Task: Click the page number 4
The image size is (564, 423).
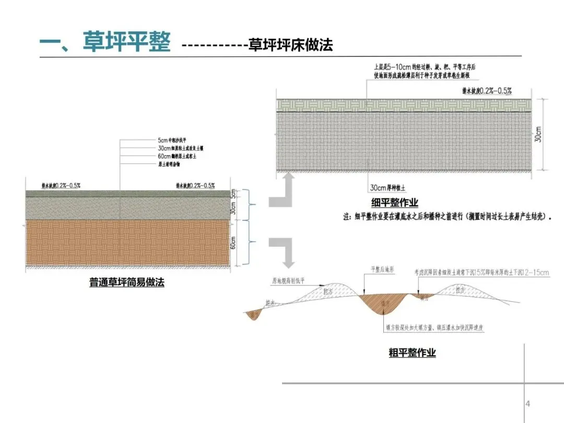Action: coord(527,404)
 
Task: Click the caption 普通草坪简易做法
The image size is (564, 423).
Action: coord(126,283)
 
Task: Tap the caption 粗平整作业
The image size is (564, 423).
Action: coord(412,352)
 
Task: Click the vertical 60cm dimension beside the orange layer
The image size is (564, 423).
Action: coord(233,243)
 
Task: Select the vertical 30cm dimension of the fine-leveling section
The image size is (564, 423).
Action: coord(538,134)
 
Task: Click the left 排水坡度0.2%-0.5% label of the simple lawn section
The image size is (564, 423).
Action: coord(61,185)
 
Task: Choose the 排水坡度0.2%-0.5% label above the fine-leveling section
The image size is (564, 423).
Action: coord(487,91)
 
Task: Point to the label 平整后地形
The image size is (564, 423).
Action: coord(381,269)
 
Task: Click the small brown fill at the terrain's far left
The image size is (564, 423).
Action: coord(254,314)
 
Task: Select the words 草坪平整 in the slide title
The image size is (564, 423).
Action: coord(126,42)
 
